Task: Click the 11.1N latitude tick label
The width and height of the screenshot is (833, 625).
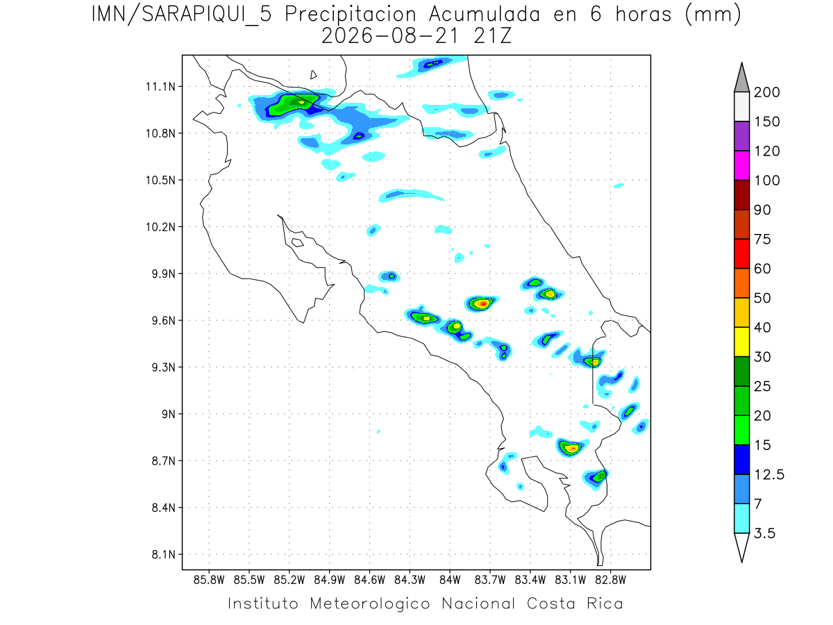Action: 160,87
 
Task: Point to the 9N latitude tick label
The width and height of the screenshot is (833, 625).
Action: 169,414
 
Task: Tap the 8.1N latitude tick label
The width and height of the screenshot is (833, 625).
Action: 164,555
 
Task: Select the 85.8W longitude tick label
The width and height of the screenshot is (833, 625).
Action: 209,581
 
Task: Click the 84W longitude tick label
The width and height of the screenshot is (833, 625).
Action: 450,581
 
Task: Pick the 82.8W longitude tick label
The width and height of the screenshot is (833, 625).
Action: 610,581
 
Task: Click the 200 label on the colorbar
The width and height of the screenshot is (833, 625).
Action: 766,92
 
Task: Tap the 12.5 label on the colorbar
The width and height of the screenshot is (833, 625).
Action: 769,475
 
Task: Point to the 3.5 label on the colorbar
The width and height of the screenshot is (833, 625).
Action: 764,533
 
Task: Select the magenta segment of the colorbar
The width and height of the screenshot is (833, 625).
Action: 741,165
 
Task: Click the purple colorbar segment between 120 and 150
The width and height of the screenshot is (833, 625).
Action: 741,136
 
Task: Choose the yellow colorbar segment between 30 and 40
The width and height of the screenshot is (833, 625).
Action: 741,342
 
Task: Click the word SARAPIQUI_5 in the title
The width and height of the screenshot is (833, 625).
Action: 206,15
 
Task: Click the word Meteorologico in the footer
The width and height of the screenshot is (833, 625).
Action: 370,604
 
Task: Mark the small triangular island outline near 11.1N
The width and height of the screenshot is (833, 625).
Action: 313,75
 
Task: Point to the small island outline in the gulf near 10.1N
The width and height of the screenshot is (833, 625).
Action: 298,242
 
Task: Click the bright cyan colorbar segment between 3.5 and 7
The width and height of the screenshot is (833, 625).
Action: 741,519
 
